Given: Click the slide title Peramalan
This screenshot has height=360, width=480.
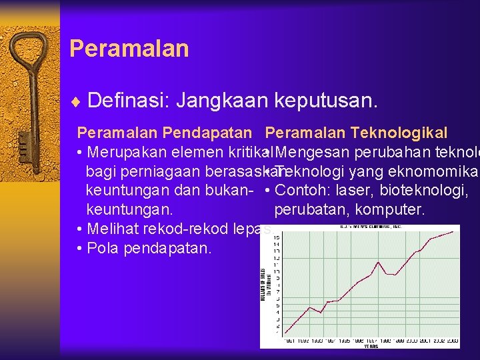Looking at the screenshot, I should tap(129, 49).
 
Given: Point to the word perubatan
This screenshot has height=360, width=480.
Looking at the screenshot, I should tap(308, 209).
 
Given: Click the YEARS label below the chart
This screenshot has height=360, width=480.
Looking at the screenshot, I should tap(371, 346).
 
